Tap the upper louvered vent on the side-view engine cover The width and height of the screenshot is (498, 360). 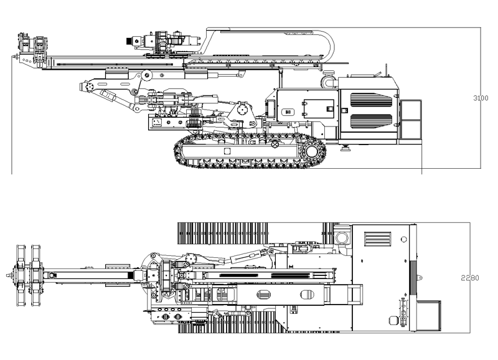[x=372, y=102]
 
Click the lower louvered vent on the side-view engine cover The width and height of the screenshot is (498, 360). [x=372, y=121]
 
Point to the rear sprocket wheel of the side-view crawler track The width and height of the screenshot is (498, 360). [x=312, y=151]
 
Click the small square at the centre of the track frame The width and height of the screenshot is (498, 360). [x=227, y=151]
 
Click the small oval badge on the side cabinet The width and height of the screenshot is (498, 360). [x=288, y=113]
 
